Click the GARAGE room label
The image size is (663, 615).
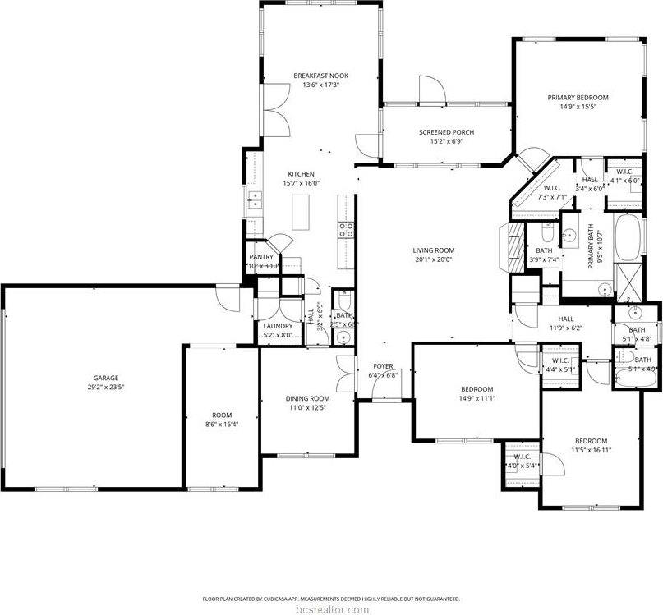pyautogui.click(x=105, y=378)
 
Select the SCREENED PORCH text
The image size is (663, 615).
pyautogui.click(x=446, y=132)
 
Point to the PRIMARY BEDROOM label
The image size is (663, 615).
pyautogui.click(x=578, y=97)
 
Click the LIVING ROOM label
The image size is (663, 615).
pyautogui.click(x=433, y=250)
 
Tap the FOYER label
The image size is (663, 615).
pyautogui.click(x=384, y=366)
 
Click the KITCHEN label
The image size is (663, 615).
pyautogui.click(x=301, y=174)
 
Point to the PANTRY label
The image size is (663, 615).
pyautogui.click(x=261, y=257)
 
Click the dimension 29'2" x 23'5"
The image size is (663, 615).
pyautogui.click(x=105, y=387)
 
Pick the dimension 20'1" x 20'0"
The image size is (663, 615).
pyautogui.click(x=433, y=259)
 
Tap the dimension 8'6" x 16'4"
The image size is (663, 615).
pyautogui.click(x=222, y=424)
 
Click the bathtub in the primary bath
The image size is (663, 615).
pyautogui.click(x=628, y=236)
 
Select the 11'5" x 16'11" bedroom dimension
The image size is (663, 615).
pyautogui.click(x=591, y=450)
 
